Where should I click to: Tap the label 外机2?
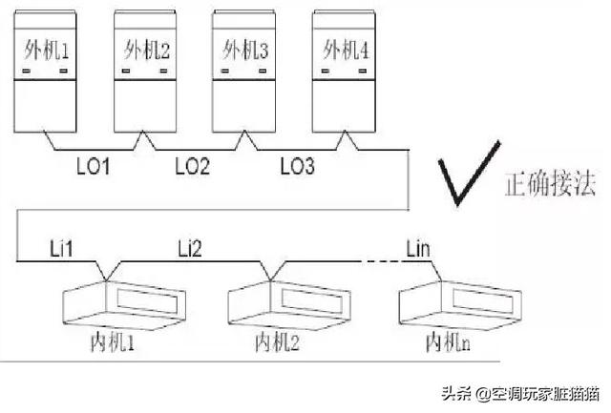pyautogui.click(x=144, y=48)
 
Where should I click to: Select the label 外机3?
pyautogui.click(x=243, y=48)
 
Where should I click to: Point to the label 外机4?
pyautogui.click(x=346, y=48)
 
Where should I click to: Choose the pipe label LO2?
pyautogui.click(x=193, y=166)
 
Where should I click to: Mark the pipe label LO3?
pyautogui.click(x=297, y=166)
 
